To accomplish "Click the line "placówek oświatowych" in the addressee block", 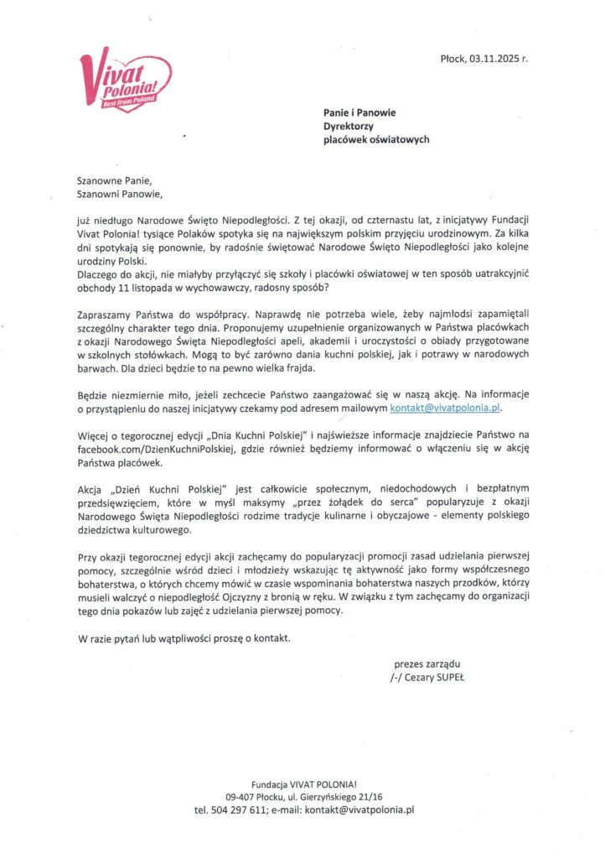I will [x=376, y=139].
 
